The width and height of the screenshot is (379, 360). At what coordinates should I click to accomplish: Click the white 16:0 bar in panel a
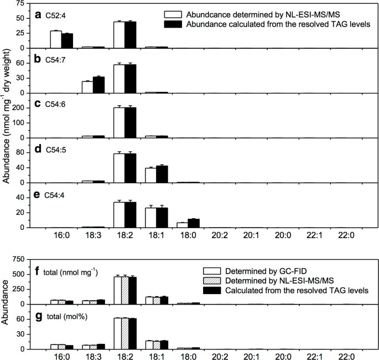point(56,39)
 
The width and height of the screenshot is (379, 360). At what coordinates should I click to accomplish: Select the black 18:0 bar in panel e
point(193,223)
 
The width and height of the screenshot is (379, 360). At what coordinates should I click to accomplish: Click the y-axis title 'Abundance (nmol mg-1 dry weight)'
point(7,116)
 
